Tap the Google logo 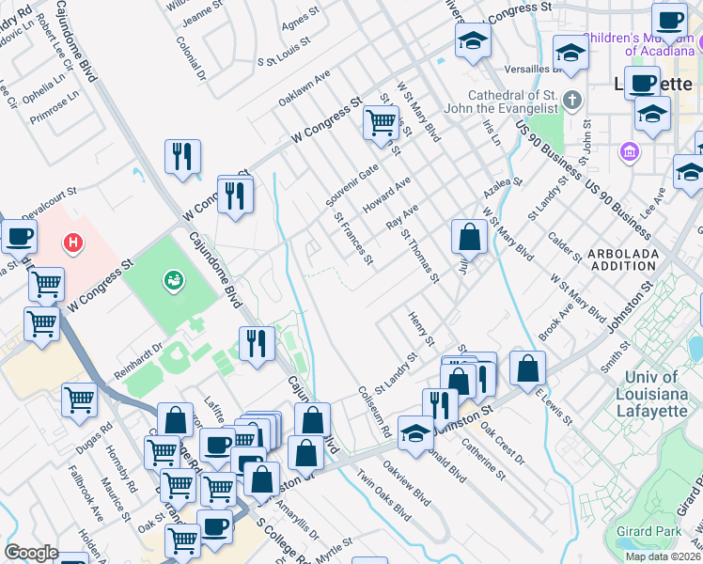point(31,553)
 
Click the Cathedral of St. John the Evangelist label point(523,104)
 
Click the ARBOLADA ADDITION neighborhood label point(625,261)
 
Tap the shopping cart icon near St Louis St point(381,122)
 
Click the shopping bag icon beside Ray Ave point(468,237)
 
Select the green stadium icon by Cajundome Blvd point(173,279)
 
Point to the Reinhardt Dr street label point(138,360)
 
